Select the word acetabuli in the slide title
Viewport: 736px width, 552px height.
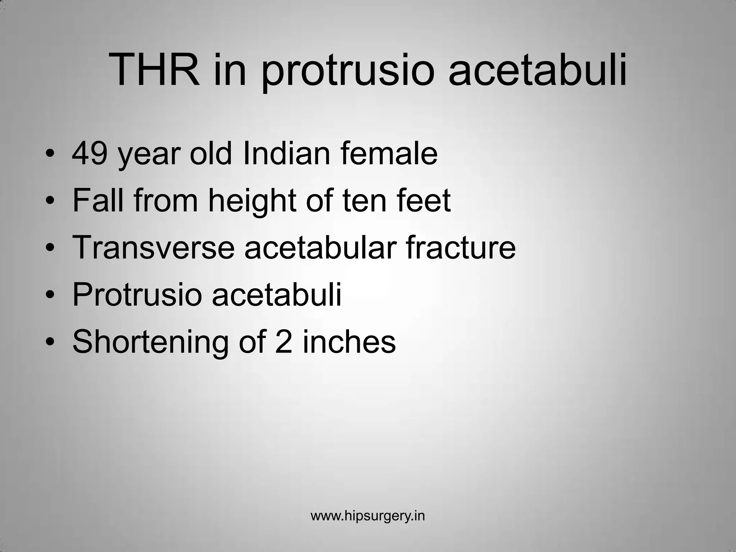538,70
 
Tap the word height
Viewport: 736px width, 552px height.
252,201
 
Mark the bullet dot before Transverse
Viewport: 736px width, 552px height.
51,248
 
